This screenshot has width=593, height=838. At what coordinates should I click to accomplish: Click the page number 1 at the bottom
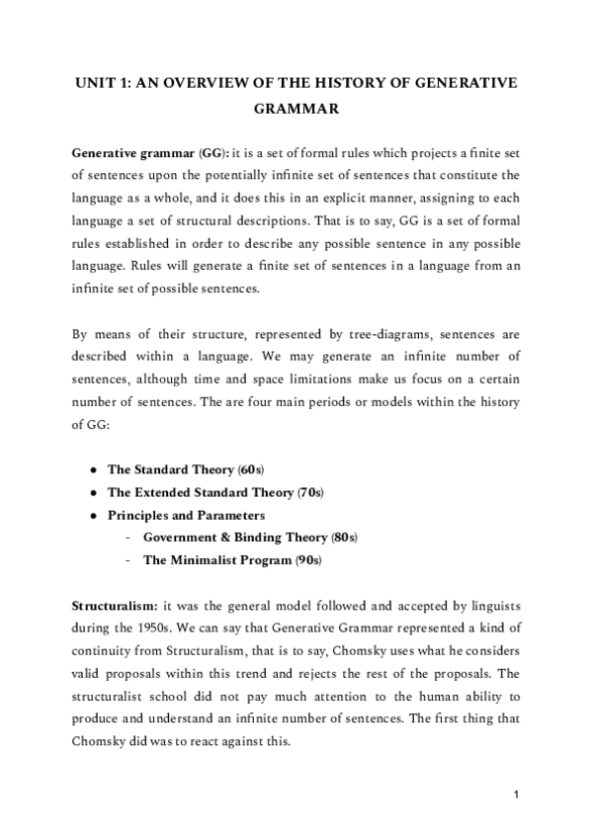517,794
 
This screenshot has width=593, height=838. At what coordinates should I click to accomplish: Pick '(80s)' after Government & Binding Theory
344,537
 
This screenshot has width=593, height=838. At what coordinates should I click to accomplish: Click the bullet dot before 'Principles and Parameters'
92,515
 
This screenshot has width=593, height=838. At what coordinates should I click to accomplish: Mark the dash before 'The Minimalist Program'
129,560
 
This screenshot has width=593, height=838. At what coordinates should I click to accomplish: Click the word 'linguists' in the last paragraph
492,603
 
